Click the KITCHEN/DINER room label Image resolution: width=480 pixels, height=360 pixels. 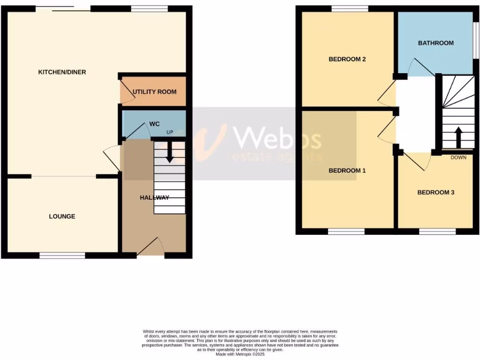coord(62,72)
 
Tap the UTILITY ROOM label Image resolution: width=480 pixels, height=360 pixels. coord(154,91)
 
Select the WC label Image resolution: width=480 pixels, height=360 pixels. coord(155,124)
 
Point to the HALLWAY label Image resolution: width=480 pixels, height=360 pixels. coord(154,198)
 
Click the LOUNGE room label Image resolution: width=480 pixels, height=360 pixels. coord(62,216)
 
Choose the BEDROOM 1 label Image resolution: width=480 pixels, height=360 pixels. coord(347,171)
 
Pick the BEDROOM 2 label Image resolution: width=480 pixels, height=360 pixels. coord(347,59)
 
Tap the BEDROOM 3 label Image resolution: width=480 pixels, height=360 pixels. coord(435,192)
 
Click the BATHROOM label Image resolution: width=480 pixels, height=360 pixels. coord(435,43)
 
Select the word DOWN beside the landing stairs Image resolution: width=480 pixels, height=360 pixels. coord(458,157)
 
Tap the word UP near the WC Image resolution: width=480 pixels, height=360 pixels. coord(169,132)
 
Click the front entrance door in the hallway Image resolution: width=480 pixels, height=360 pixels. coord(151,247)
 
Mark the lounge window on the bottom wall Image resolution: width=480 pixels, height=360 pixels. coord(62,255)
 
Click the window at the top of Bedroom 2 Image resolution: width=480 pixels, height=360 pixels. coord(350,8)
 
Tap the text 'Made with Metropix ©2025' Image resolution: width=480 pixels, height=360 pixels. coord(240,353)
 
